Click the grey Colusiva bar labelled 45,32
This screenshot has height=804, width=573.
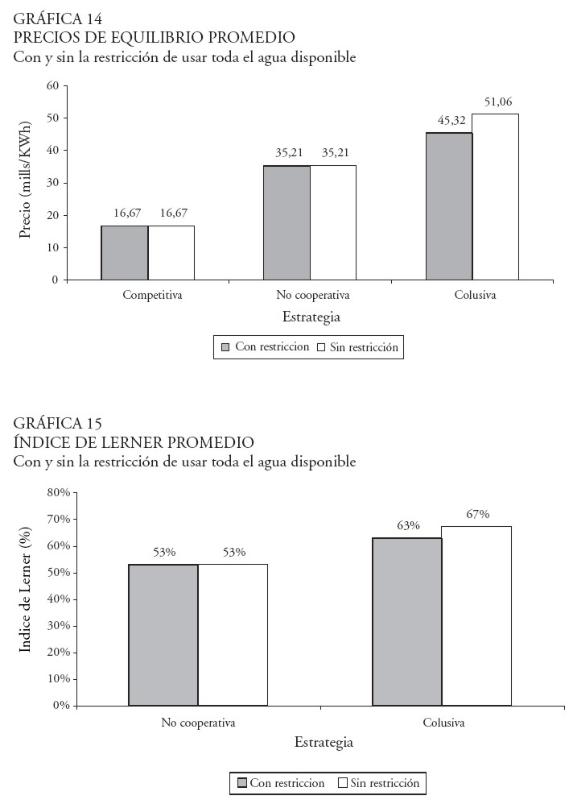[x=449, y=206]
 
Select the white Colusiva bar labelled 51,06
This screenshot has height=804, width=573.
[x=495, y=197]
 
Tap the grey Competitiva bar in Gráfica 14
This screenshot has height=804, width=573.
[x=125, y=252]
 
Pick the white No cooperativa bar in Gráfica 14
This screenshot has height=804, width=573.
[x=333, y=222]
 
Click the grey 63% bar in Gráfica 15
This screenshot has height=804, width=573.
[x=407, y=621]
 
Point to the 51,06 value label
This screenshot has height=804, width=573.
[x=498, y=102]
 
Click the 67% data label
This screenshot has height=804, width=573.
[x=477, y=515]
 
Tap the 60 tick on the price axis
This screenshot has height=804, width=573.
[x=53, y=85]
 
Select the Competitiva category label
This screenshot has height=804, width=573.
[x=152, y=295]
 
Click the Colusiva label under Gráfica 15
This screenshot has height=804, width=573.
[x=443, y=723]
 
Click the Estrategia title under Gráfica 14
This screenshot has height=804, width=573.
[x=311, y=317]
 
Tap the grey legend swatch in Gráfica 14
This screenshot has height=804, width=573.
[x=226, y=347]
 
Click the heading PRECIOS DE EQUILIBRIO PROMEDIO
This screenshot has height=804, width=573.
[x=154, y=37]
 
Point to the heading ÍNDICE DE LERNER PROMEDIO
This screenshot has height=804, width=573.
[x=134, y=442]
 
